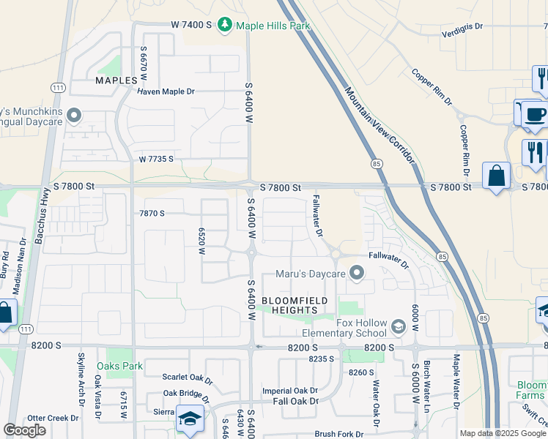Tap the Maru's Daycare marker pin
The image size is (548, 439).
click(x=357, y=274)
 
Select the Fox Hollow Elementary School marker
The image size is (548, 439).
click(x=399, y=325)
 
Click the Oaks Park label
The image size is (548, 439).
click(x=125, y=366)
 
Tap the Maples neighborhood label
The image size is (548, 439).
click(x=116, y=80)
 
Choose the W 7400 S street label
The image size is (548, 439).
click(x=191, y=25)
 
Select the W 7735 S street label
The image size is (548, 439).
click(x=156, y=159)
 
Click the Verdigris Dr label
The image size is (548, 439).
click(x=462, y=26)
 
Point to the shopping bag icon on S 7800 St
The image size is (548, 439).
click(x=497, y=176)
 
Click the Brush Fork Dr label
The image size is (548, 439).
click(x=339, y=434)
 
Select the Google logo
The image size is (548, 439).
click(x=25, y=430)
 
